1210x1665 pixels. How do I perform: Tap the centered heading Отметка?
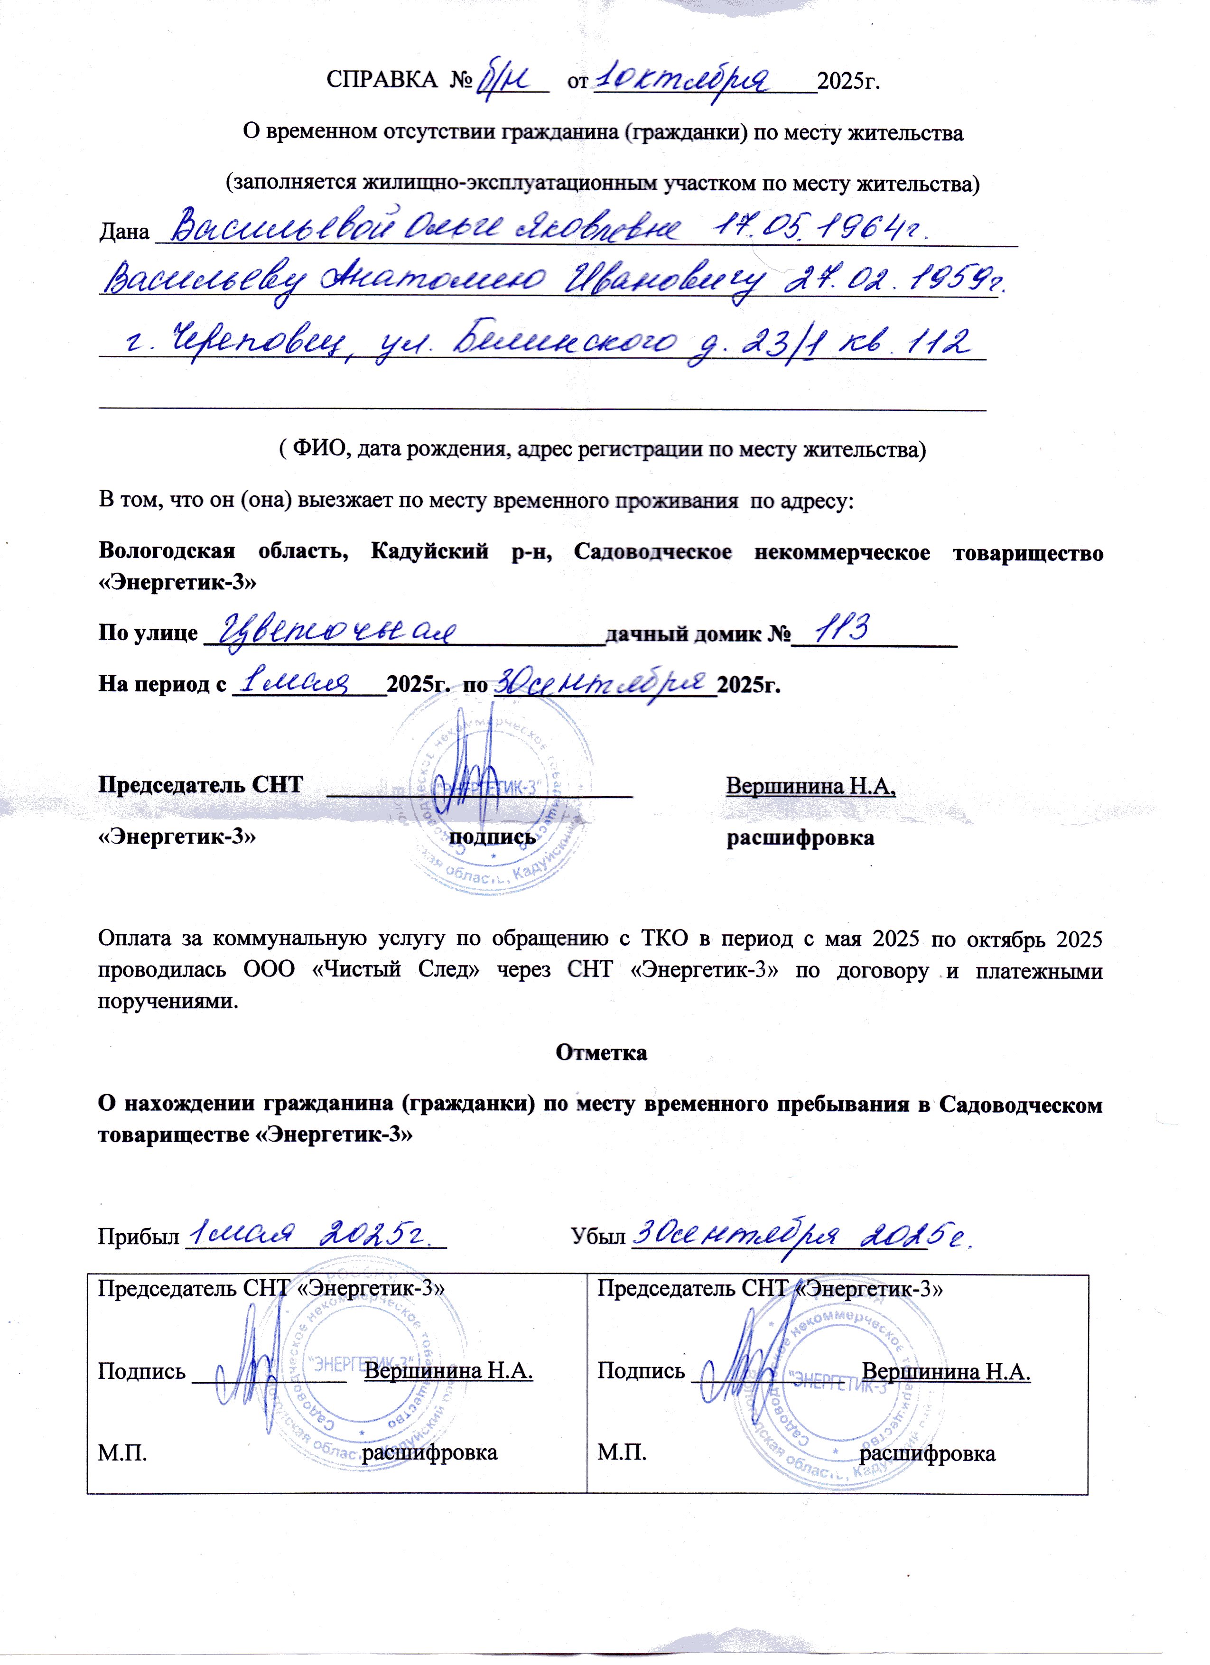click(x=601, y=1052)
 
